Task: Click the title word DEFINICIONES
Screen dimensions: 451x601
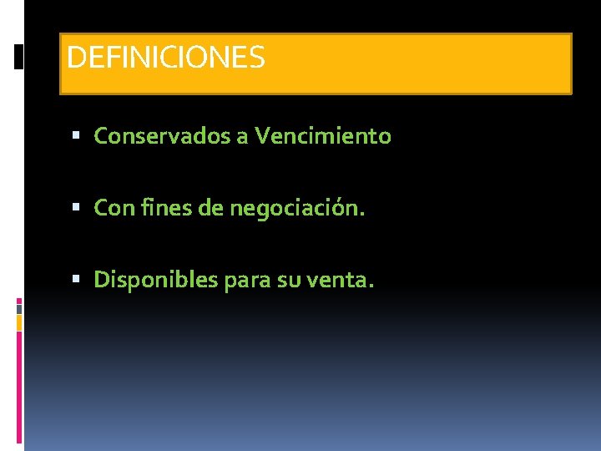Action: (x=165, y=58)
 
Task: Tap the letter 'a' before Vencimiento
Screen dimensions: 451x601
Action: (x=242, y=136)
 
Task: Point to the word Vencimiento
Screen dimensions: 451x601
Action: (x=323, y=136)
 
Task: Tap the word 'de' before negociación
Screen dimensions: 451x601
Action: (x=210, y=207)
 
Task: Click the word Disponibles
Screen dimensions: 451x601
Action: (x=156, y=279)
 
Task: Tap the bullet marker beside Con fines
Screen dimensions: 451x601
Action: (x=77, y=207)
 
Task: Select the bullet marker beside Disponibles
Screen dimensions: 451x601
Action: (x=77, y=279)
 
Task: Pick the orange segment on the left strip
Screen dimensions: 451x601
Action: (x=19, y=322)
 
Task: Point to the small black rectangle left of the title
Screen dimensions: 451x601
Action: (x=19, y=57)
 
